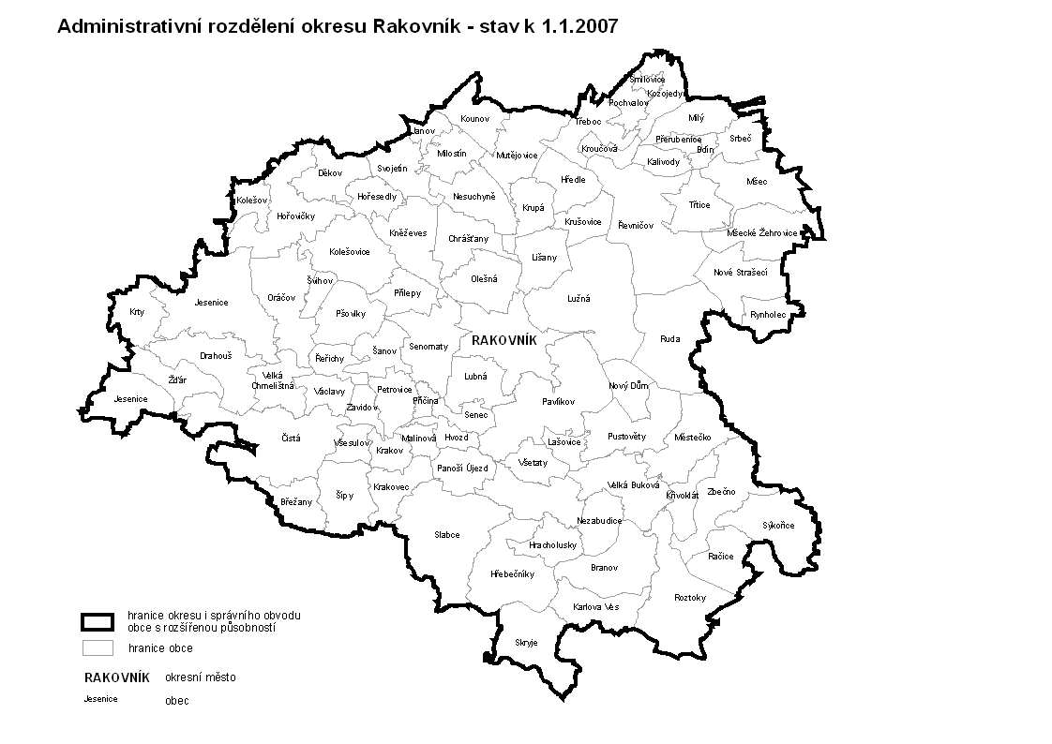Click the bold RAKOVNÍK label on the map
coord(503,340)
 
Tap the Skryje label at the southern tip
coord(526,642)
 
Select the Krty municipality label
coord(138,312)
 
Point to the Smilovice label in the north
coord(646,80)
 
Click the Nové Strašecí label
coord(740,272)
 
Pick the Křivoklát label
coord(683,495)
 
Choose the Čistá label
coord(291,438)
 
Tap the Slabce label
coord(446,535)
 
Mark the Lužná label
coord(578,299)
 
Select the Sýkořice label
coord(777,525)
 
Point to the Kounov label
coord(474,119)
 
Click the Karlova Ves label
coord(596,607)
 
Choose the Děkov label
coord(329,173)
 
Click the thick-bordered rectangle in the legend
coord(98,621)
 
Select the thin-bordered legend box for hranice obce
coord(98,647)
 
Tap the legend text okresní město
coord(201,677)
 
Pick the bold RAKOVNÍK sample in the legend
coord(116,677)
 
